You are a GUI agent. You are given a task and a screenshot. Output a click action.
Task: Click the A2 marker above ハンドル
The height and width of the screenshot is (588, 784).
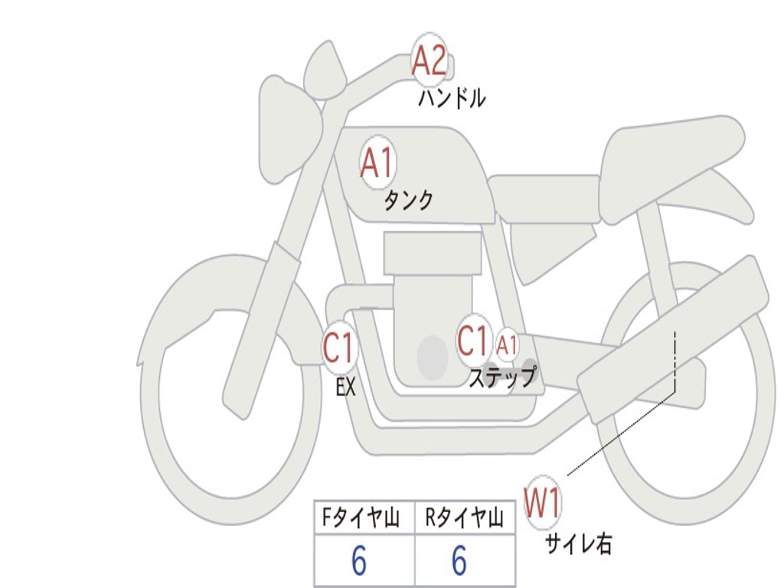click(x=430, y=60)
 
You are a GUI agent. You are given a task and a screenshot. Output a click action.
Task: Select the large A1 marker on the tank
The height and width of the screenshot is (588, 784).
click(x=377, y=163)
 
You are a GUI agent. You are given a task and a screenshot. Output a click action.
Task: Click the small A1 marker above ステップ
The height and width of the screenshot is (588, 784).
click(x=508, y=345)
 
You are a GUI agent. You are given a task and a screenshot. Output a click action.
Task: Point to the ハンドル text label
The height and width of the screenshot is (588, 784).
click(x=452, y=98)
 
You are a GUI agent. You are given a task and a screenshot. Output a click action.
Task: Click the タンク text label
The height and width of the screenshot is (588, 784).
click(x=408, y=201)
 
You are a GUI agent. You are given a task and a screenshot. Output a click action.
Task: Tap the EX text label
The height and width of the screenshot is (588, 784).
click(x=346, y=387)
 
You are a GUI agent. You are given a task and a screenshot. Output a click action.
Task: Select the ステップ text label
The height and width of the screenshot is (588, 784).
click(x=502, y=378)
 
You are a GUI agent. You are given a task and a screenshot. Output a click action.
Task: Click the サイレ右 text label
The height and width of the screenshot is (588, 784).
click(x=578, y=544)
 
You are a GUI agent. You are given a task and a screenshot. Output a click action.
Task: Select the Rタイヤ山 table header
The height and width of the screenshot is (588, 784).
click(x=465, y=519)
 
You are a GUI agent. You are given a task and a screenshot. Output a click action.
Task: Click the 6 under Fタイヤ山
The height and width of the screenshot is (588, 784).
click(x=359, y=562)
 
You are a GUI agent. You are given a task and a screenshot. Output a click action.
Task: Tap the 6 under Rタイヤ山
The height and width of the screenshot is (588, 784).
click(x=459, y=562)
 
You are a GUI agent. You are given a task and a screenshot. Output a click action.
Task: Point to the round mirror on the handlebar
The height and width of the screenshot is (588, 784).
click(x=325, y=70)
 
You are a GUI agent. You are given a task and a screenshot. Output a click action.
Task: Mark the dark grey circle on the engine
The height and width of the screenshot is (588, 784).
click(x=432, y=357)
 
